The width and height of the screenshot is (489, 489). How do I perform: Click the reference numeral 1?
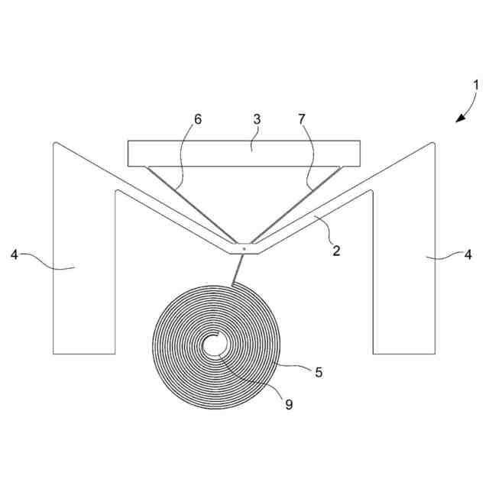pos(474,85)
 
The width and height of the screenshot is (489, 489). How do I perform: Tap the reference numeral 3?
pos(257,120)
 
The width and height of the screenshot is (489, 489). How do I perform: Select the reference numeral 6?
pos(199,120)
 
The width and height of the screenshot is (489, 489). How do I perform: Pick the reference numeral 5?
pos(319,373)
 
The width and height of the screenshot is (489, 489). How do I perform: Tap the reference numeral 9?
pos(288,405)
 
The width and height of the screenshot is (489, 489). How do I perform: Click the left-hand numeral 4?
pos(14,254)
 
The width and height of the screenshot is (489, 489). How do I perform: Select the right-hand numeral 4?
pos(468,254)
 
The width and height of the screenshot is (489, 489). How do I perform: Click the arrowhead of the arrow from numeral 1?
pos(458,119)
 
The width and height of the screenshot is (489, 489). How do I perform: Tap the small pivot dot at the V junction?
pos(243,248)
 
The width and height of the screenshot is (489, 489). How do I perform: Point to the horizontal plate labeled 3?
pos(244,153)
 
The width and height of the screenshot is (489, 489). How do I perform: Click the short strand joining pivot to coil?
pos(238,268)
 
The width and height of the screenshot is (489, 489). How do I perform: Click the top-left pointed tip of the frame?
pos(55,143)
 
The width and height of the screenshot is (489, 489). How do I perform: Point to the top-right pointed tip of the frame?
pos(433,143)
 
